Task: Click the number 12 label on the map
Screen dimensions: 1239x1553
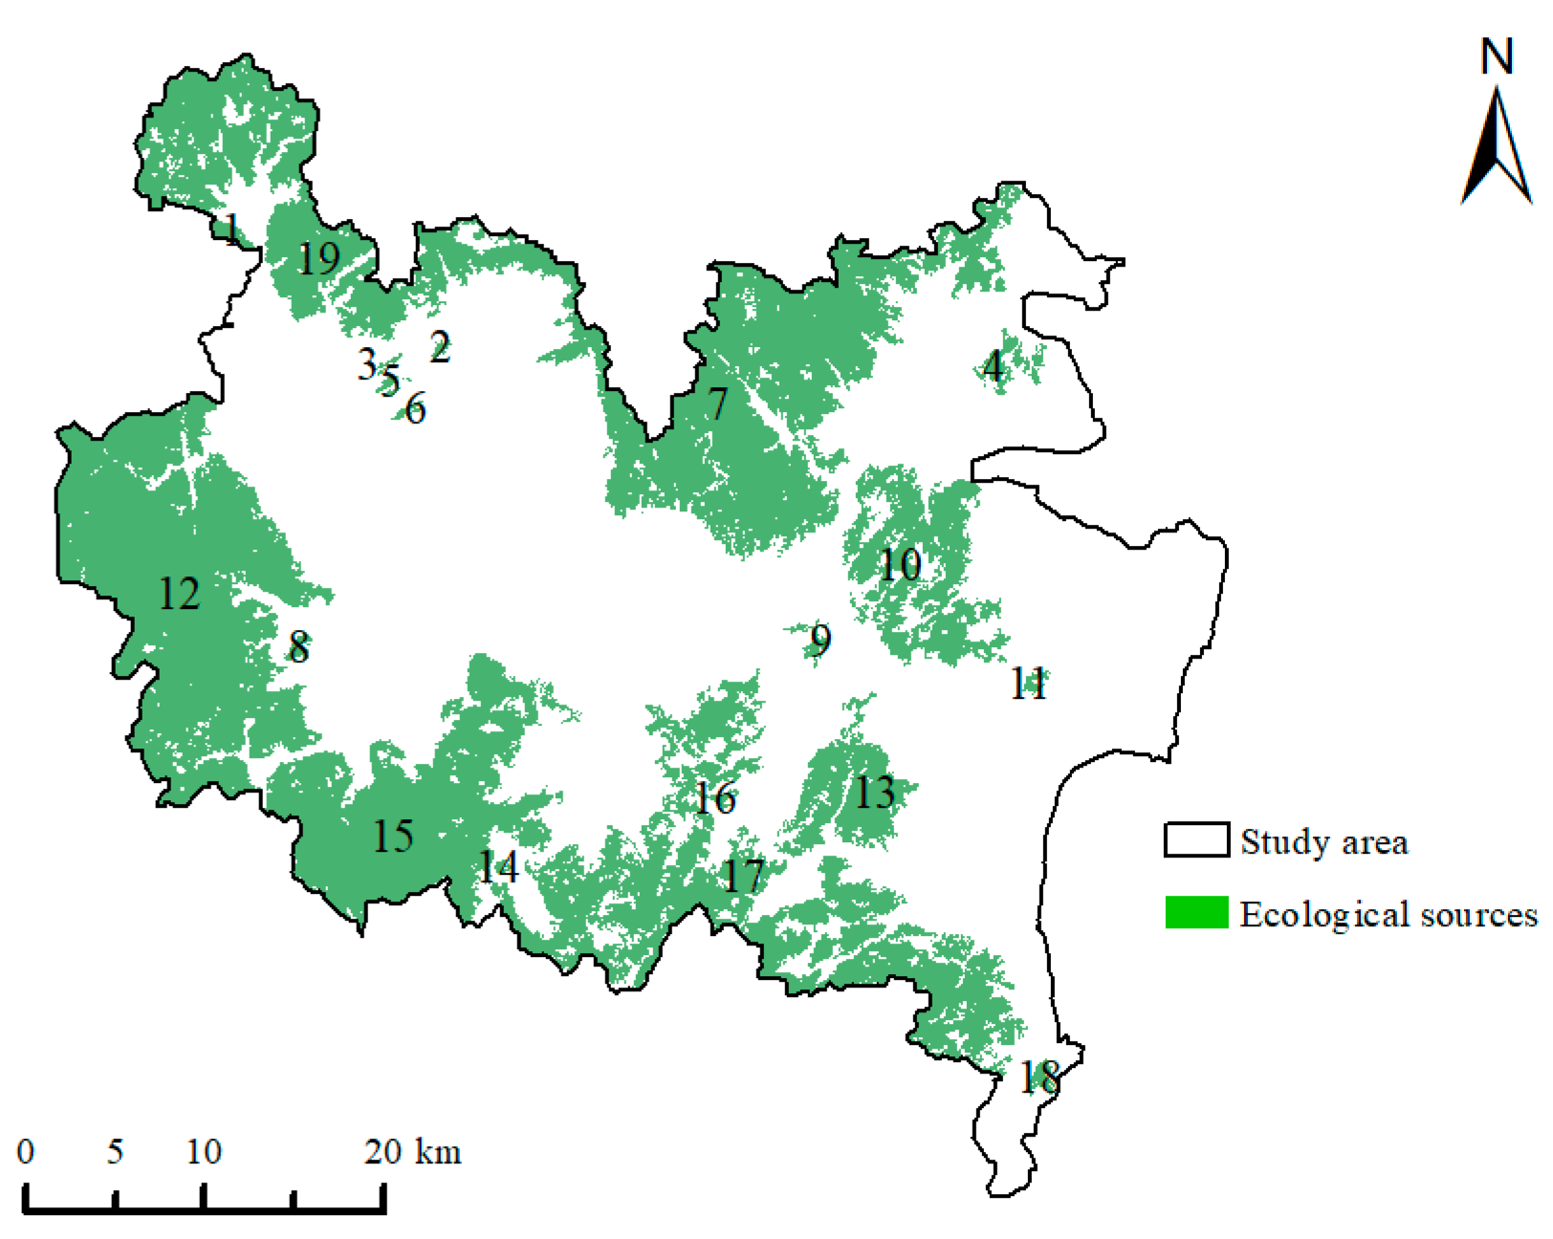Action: coord(179,595)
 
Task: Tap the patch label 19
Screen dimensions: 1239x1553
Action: coord(318,258)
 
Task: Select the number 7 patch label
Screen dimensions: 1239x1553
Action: coord(718,404)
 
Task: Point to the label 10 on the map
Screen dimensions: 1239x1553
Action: coord(899,565)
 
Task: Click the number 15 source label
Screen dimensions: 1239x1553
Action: coord(393,837)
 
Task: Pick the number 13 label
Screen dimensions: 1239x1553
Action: coord(874,793)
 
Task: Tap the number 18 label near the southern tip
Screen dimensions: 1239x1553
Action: coord(1039,1077)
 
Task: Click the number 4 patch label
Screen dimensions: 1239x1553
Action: coord(995,366)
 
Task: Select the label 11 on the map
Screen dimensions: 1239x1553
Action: coord(1029,684)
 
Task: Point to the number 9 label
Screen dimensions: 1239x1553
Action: coord(820,640)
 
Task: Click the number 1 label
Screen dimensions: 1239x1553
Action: coord(231,228)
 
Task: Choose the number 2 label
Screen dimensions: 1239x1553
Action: coord(440,347)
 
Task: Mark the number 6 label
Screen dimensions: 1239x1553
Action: coord(415,410)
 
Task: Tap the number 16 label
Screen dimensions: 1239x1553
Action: coord(715,798)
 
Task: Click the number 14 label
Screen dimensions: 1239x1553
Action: coord(498,867)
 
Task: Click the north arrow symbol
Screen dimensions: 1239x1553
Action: coord(1497,148)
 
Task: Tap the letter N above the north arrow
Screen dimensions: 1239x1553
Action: coord(1497,56)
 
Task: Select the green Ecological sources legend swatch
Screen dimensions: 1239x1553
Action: coord(1196,913)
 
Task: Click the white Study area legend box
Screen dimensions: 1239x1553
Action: coord(1196,839)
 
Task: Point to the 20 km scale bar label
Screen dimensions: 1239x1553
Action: coord(412,1151)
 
